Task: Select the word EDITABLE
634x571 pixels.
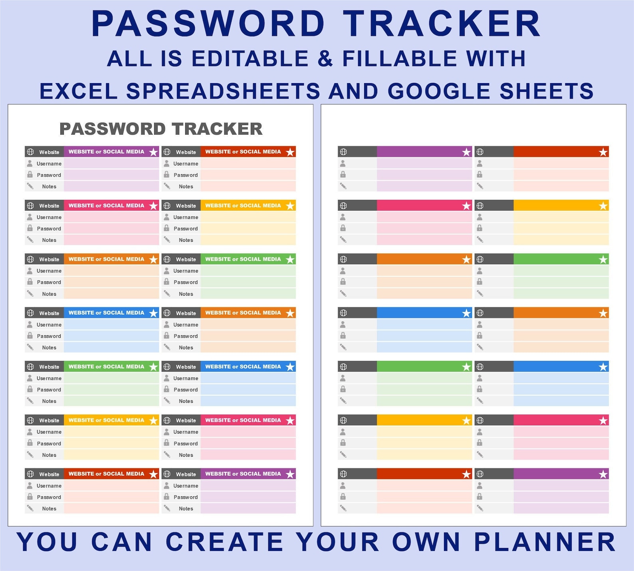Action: (250, 59)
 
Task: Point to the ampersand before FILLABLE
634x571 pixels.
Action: (325, 59)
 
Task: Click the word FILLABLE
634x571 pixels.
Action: (400, 59)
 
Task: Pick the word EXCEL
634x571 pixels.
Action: (79, 91)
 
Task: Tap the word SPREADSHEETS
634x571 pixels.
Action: (223, 91)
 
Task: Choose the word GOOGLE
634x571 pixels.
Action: (439, 91)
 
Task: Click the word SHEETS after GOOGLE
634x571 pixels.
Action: (547, 91)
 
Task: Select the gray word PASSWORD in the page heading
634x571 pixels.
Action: (112, 129)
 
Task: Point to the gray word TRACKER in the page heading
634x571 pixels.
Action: (217, 129)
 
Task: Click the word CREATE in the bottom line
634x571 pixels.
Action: (224, 542)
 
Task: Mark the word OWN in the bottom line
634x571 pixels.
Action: (426, 542)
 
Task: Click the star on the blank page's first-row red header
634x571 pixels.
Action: (603, 152)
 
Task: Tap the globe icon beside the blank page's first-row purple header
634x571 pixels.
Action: (343, 152)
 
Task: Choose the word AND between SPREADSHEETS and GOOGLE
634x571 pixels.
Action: (353, 91)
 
